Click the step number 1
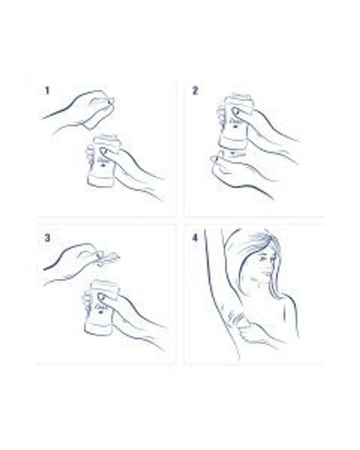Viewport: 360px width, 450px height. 47,91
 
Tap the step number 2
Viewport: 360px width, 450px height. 195,91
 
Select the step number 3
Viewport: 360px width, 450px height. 47,238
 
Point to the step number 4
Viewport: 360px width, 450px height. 195,238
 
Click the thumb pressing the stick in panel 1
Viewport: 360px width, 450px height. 104,151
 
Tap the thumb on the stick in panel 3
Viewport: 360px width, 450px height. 102,297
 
